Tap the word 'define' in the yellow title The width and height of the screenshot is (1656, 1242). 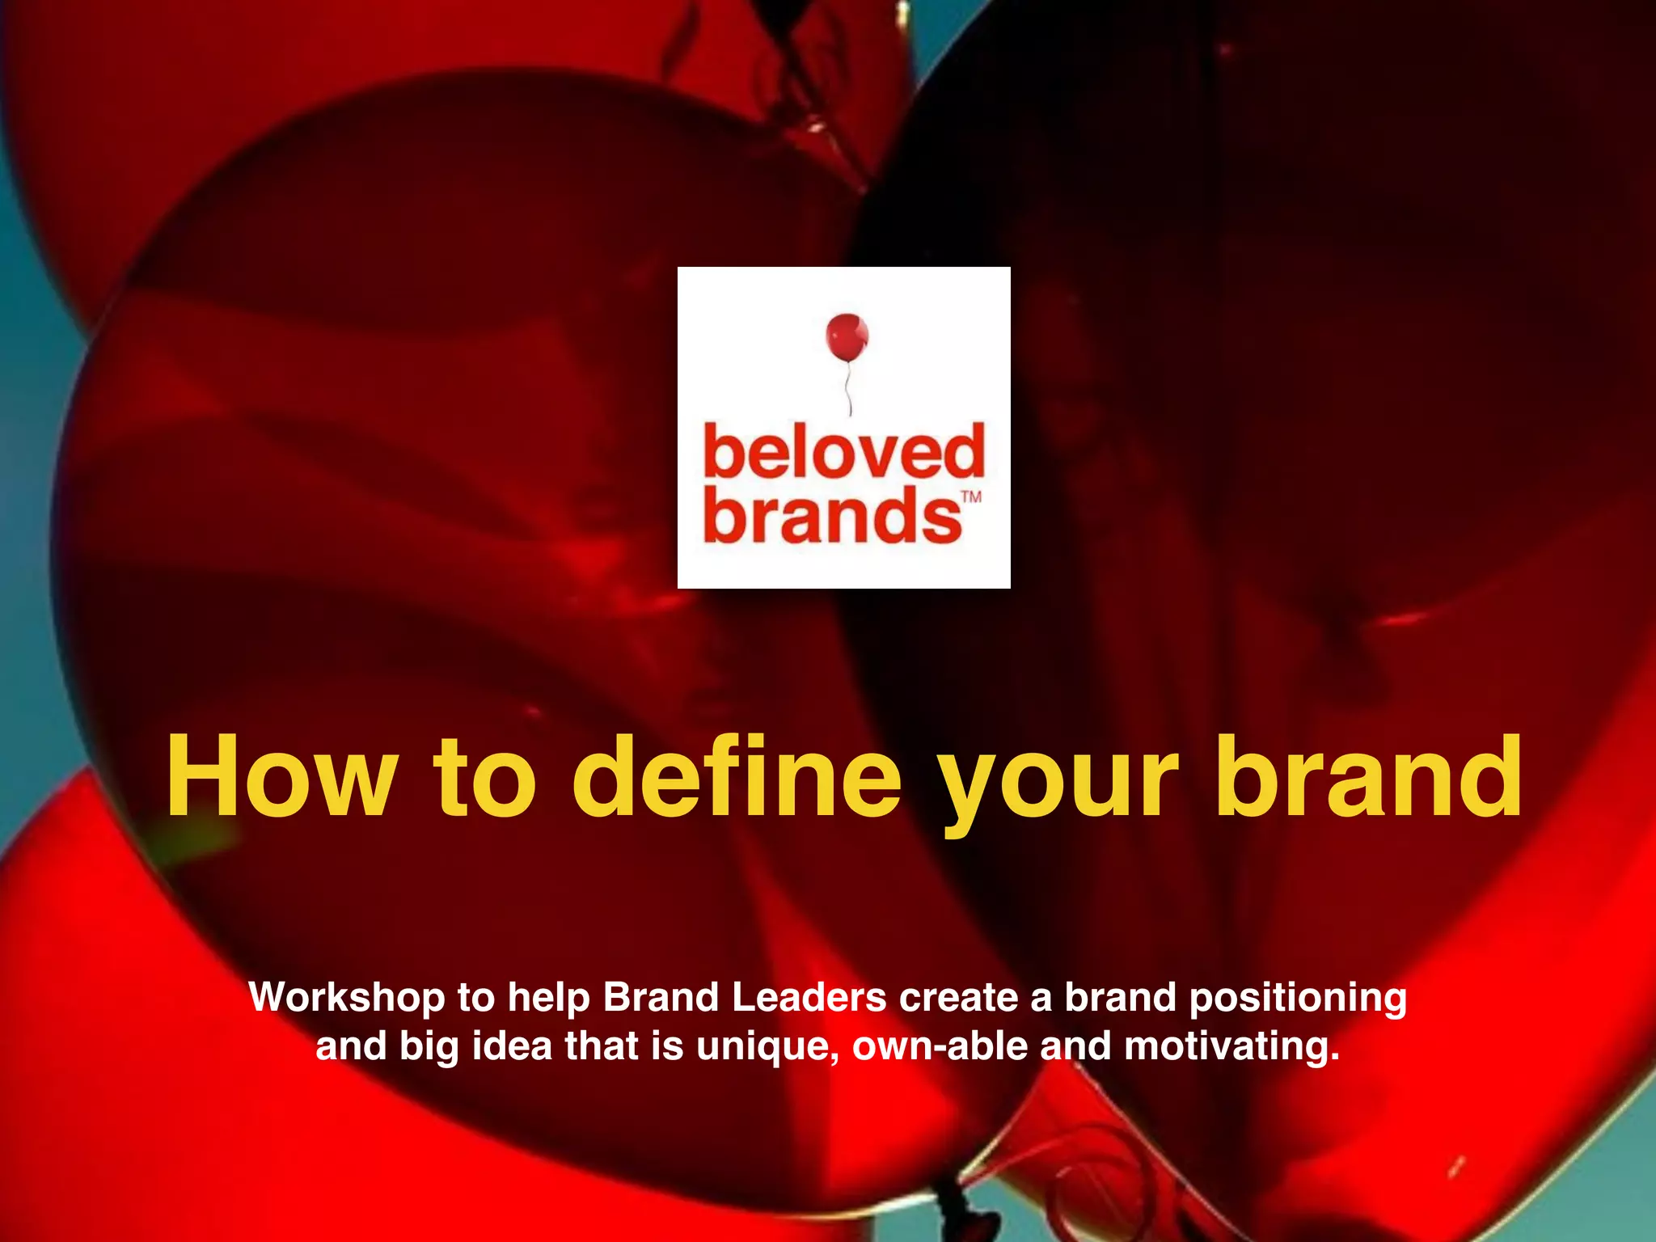737,777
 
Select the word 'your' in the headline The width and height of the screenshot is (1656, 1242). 1057,784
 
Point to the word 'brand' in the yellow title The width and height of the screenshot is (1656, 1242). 1369,777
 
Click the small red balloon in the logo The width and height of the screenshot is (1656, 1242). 847,337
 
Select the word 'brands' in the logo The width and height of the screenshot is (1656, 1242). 833,515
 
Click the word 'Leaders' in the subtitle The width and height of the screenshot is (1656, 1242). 809,997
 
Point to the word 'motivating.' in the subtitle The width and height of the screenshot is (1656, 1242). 1231,1047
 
